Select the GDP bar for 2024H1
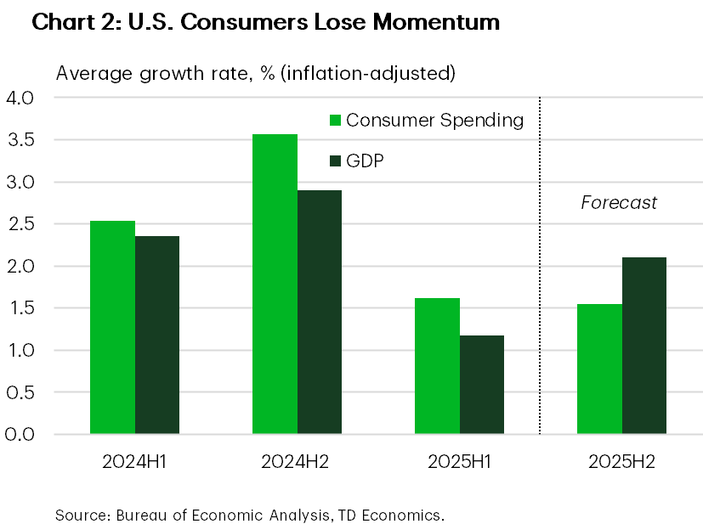coord(157,335)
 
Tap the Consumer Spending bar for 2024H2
coord(275,285)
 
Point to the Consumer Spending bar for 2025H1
coord(438,366)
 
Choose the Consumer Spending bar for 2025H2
coord(599,369)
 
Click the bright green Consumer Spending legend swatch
coord(335,121)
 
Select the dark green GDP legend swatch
coord(335,161)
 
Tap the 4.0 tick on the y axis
coord(22,98)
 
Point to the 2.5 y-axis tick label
coord(22,224)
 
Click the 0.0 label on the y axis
coord(22,435)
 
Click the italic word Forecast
coord(619,203)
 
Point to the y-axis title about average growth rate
coord(255,73)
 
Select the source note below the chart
coord(249,515)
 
